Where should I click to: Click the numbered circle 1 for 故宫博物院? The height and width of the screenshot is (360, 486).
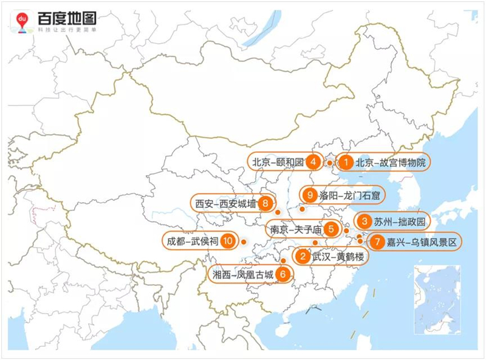tap(346, 163)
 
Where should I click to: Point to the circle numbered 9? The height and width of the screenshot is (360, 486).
tap(310, 195)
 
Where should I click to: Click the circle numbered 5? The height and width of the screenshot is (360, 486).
tap(330, 229)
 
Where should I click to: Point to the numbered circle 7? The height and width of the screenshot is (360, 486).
tap(377, 242)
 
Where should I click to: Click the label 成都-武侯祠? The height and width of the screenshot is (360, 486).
tap(191, 242)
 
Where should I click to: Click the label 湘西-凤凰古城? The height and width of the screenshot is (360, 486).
tap(241, 274)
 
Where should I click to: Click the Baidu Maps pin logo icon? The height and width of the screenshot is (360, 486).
tap(22, 22)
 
